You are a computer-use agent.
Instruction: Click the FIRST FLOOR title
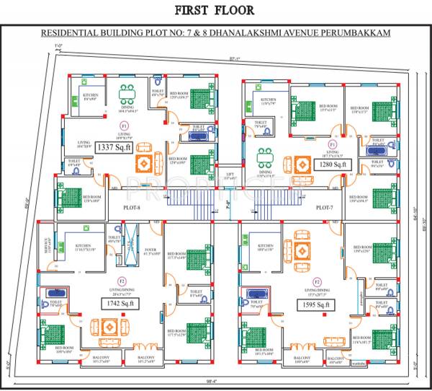(214, 11)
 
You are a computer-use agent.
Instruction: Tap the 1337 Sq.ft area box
(114, 147)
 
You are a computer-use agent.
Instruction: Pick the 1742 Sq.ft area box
(114, 304)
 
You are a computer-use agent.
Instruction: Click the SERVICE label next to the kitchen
(46, 247)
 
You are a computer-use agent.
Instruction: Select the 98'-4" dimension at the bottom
(216, 383)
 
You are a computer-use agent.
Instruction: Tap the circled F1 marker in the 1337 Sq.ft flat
(123, 125)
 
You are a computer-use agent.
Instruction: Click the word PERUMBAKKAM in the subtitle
(353, 33)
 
